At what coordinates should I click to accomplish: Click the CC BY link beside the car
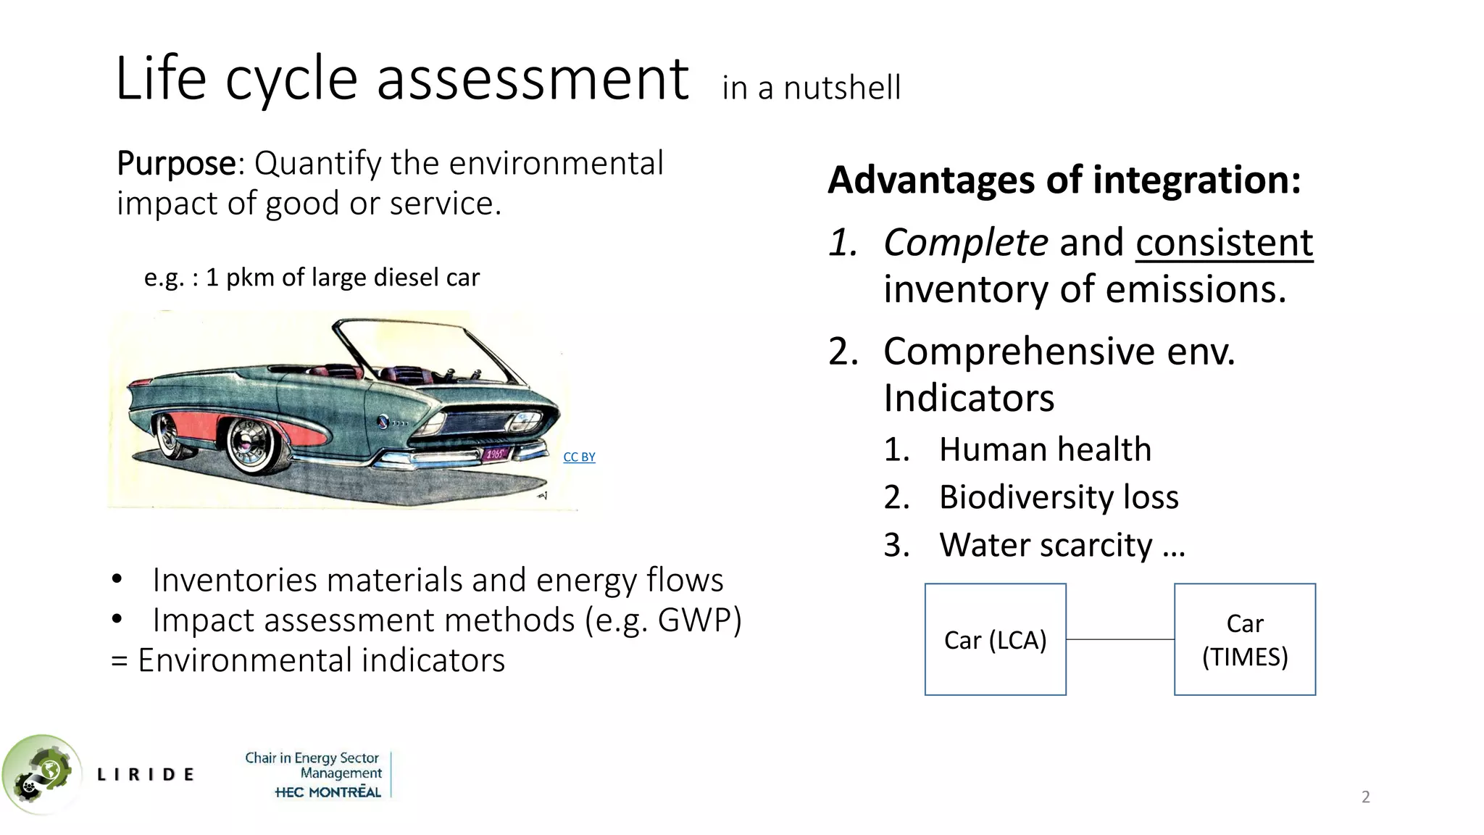click(579, 457)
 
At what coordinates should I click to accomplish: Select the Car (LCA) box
click(995, 639)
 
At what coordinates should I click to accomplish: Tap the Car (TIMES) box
click(1244, 639)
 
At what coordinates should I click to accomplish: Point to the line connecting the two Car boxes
click(1120, 639)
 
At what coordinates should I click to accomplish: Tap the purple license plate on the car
click(496, 454)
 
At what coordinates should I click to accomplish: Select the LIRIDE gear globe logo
click(40, 774)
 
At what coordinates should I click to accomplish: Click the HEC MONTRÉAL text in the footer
click(328, 792)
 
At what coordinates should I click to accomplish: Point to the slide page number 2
click(1365, 797)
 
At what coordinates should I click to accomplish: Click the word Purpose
click(175, 164)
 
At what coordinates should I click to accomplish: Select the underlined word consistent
click(1224, 242)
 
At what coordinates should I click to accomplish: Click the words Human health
click(1045, 449)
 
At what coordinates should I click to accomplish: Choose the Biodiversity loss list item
click(1059, 497)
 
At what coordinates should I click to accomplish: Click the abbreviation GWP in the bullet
click(699, 620)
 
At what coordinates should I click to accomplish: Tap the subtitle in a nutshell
click(811, 88)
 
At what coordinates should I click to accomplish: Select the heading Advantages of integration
click(1064, 180)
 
